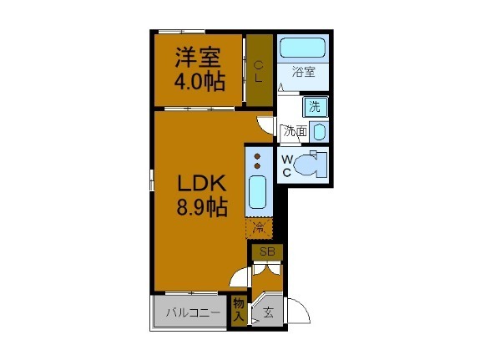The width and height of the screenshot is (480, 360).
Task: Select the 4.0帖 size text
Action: click(199, 82)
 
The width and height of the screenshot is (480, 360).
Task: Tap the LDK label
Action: click(199, 182)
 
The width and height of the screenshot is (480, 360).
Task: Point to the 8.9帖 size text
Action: click(199, 207)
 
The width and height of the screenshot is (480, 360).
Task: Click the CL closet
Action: click(259, 71)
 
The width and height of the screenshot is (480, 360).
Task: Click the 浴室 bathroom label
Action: click(303, 73)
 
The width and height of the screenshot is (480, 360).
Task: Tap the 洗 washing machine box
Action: click(314, 106)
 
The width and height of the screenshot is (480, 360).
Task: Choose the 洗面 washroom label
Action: click(295, 131)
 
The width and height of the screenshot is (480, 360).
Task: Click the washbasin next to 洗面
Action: click(318, 131)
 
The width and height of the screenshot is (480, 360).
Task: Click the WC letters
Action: click(286, 165)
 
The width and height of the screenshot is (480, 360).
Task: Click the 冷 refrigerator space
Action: click(259, 227)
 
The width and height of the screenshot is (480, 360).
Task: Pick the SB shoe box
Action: click(267, 251)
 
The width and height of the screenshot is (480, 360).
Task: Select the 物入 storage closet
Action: click(239, 311)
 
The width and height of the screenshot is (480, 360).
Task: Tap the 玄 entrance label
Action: click(268, 313)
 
